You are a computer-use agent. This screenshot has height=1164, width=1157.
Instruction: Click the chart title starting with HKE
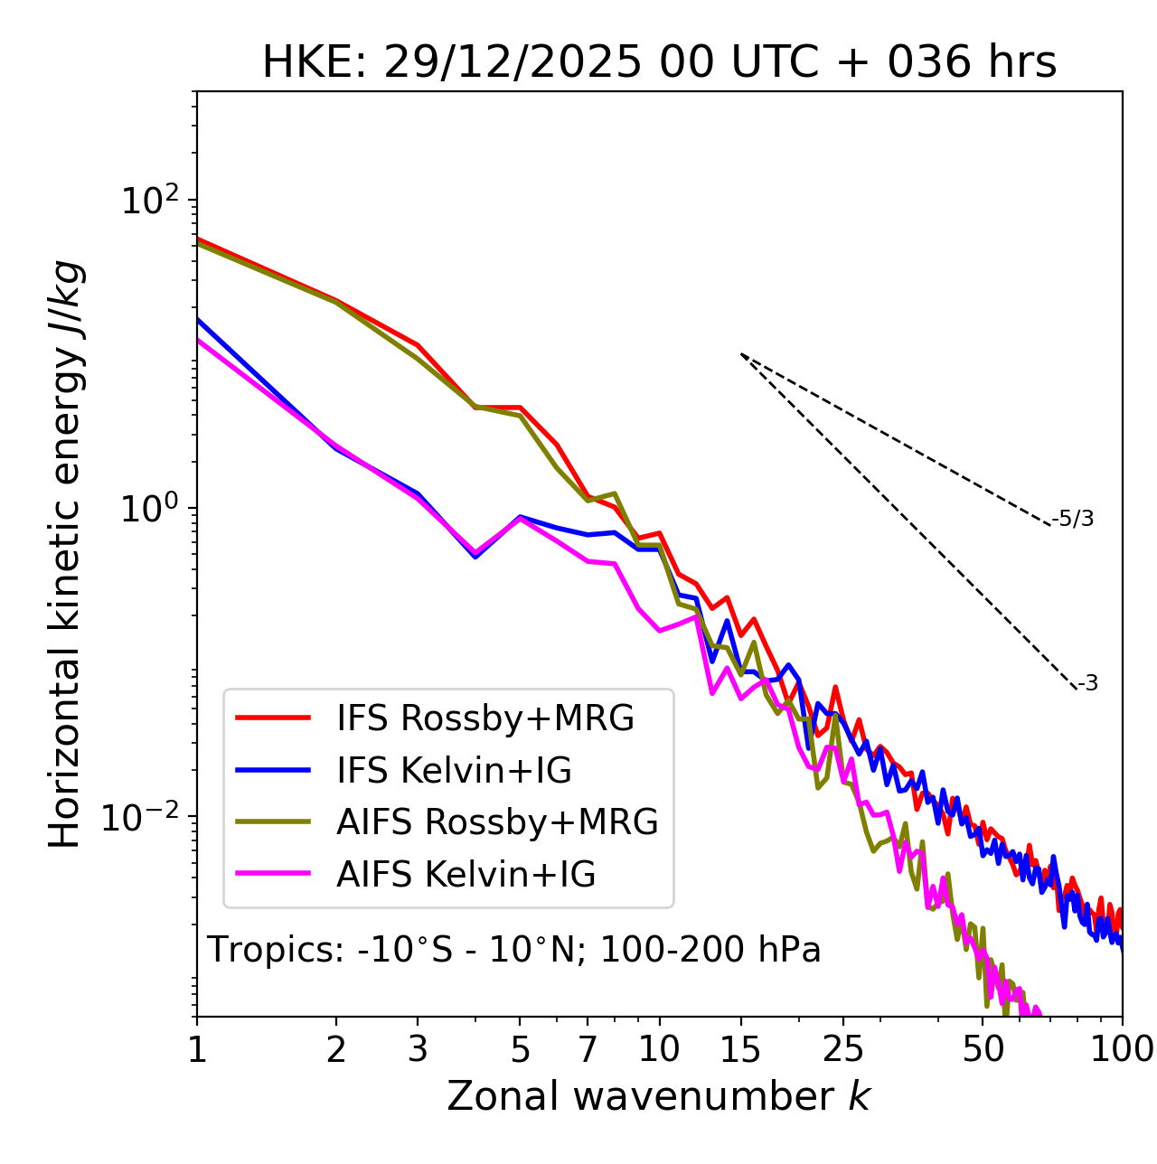click(659, 63)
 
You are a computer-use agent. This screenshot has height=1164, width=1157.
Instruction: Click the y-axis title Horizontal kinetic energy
click(65, 554)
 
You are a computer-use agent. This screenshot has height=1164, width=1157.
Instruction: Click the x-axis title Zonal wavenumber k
click(658, 1096)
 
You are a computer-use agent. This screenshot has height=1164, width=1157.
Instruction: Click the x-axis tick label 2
click(336, 1049)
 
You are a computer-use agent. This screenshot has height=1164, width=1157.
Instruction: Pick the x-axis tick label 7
click(588, 1049)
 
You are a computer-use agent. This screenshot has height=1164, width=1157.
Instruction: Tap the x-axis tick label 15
click(740, 1049)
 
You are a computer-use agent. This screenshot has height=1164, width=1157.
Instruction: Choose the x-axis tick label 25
click(842, 1049)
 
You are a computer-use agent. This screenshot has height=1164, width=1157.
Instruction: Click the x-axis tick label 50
click(983, 1049)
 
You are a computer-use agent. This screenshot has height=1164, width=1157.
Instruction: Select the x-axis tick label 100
click(1121, 1049)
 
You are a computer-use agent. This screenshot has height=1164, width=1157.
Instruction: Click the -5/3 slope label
click(1074, 519)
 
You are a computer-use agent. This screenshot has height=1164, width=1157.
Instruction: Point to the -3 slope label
click(1088, 684)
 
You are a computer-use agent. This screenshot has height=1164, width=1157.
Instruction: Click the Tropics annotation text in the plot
click(513, 950)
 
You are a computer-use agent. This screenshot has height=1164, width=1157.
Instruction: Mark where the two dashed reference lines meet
click(741, 354)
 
